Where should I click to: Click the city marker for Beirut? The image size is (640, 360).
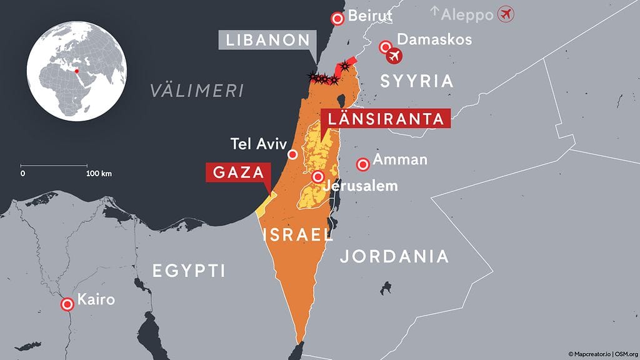tap(338, 19)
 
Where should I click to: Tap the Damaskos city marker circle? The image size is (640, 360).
tap(386, 46)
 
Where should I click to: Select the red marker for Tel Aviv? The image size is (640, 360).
tap(292, 154)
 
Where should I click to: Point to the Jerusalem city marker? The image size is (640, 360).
tap(318, 176)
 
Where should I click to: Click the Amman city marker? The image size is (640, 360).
tap(362, 164)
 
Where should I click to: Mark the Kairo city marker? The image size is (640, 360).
tap(67, 304)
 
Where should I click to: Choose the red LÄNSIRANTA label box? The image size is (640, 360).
tap(384, 119)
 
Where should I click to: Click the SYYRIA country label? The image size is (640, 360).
tap(416, 81)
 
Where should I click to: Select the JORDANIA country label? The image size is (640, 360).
tap(394, 256)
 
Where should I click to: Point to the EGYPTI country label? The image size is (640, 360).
tap(189, 271)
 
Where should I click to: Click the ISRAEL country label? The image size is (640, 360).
tap(298, 234)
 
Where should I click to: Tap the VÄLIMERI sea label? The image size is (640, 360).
tap(196, 91)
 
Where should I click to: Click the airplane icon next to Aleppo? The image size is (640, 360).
tap(506, 13)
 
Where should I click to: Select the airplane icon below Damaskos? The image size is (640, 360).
tap(394, 57)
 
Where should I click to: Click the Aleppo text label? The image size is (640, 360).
tap(467, 14)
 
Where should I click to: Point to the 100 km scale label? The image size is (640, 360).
tap(99, 173)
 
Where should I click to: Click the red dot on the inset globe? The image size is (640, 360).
tap(77, 71)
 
